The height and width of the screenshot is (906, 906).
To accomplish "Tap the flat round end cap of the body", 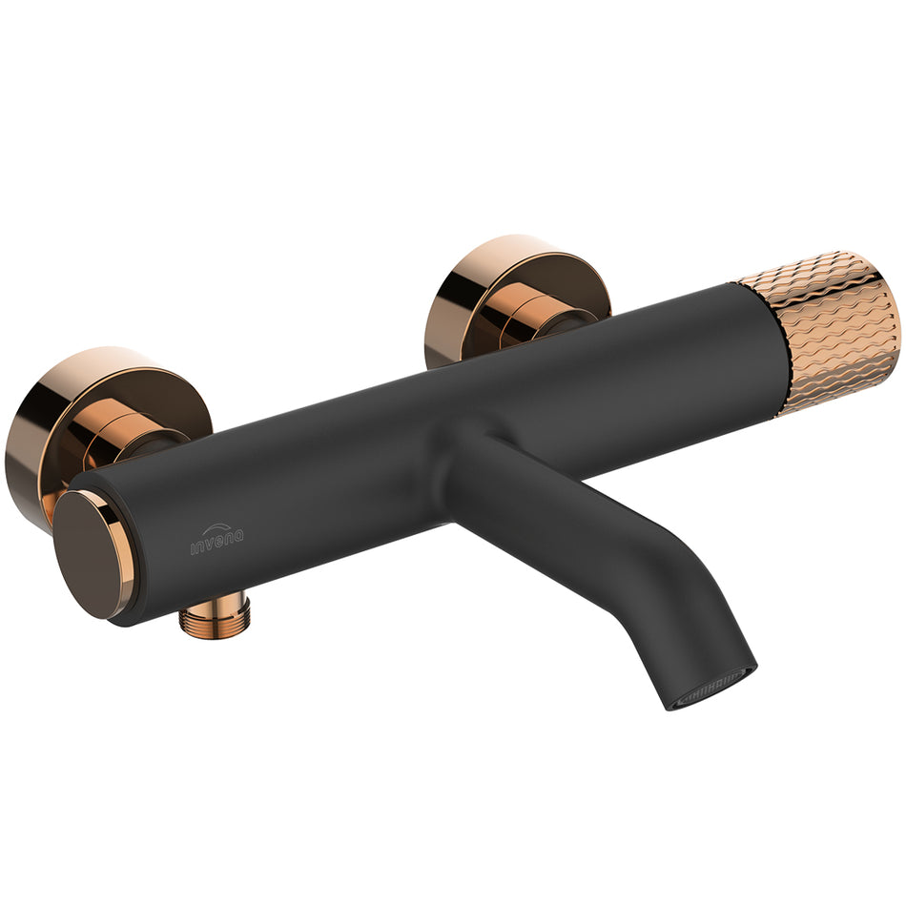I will tap(91, 553).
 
